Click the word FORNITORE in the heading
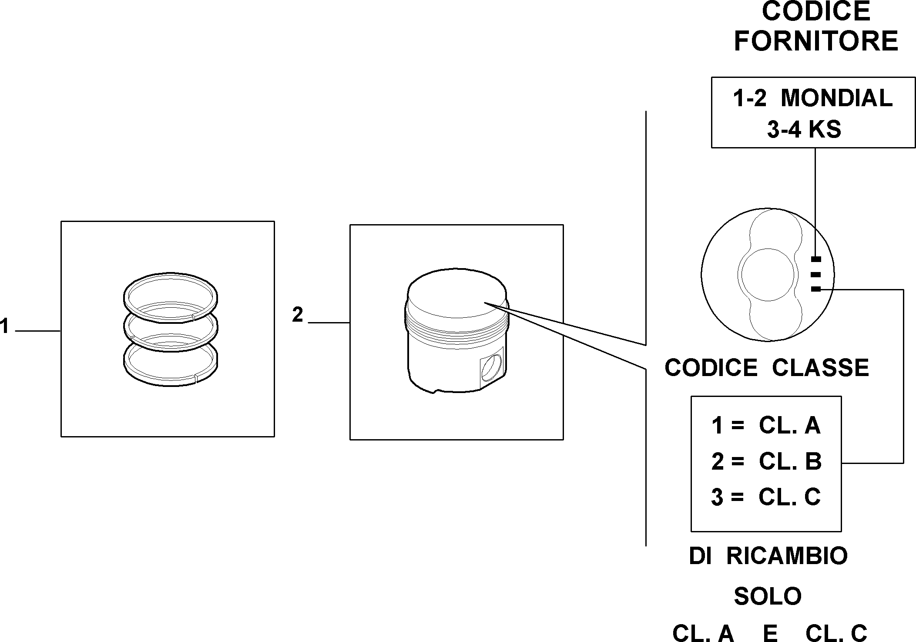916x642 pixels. click(x=816, y=41)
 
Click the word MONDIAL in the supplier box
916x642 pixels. click(x=837, y=98)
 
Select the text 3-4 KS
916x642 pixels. click(x=804, y=129)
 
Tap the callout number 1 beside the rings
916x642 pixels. click(x=4, y=326)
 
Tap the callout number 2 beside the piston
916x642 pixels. click(x=298, y=315)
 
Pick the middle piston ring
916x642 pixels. click(x=170, y=326)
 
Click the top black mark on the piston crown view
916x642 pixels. click(x=816, y=259)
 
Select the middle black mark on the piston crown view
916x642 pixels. click(x=816, y=275)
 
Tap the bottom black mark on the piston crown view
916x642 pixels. click(x=816, y=289)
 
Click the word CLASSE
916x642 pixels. click(x=821, y=368)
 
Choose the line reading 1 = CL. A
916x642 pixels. click(x=766, y=426)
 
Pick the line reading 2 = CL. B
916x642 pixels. click(x=766, y=461)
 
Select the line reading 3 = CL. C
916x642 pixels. click(x=766, y=497)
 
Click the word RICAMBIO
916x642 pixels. click(x=787, y=556)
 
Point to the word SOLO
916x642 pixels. click(x=768, y=596)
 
